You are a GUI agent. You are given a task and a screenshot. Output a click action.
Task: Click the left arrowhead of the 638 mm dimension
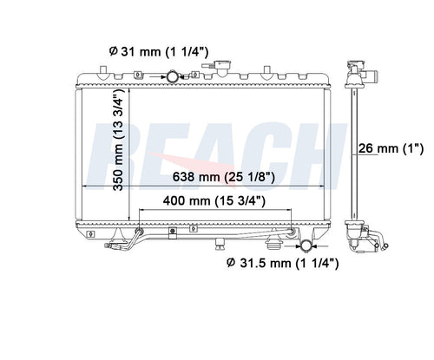[85, 186]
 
